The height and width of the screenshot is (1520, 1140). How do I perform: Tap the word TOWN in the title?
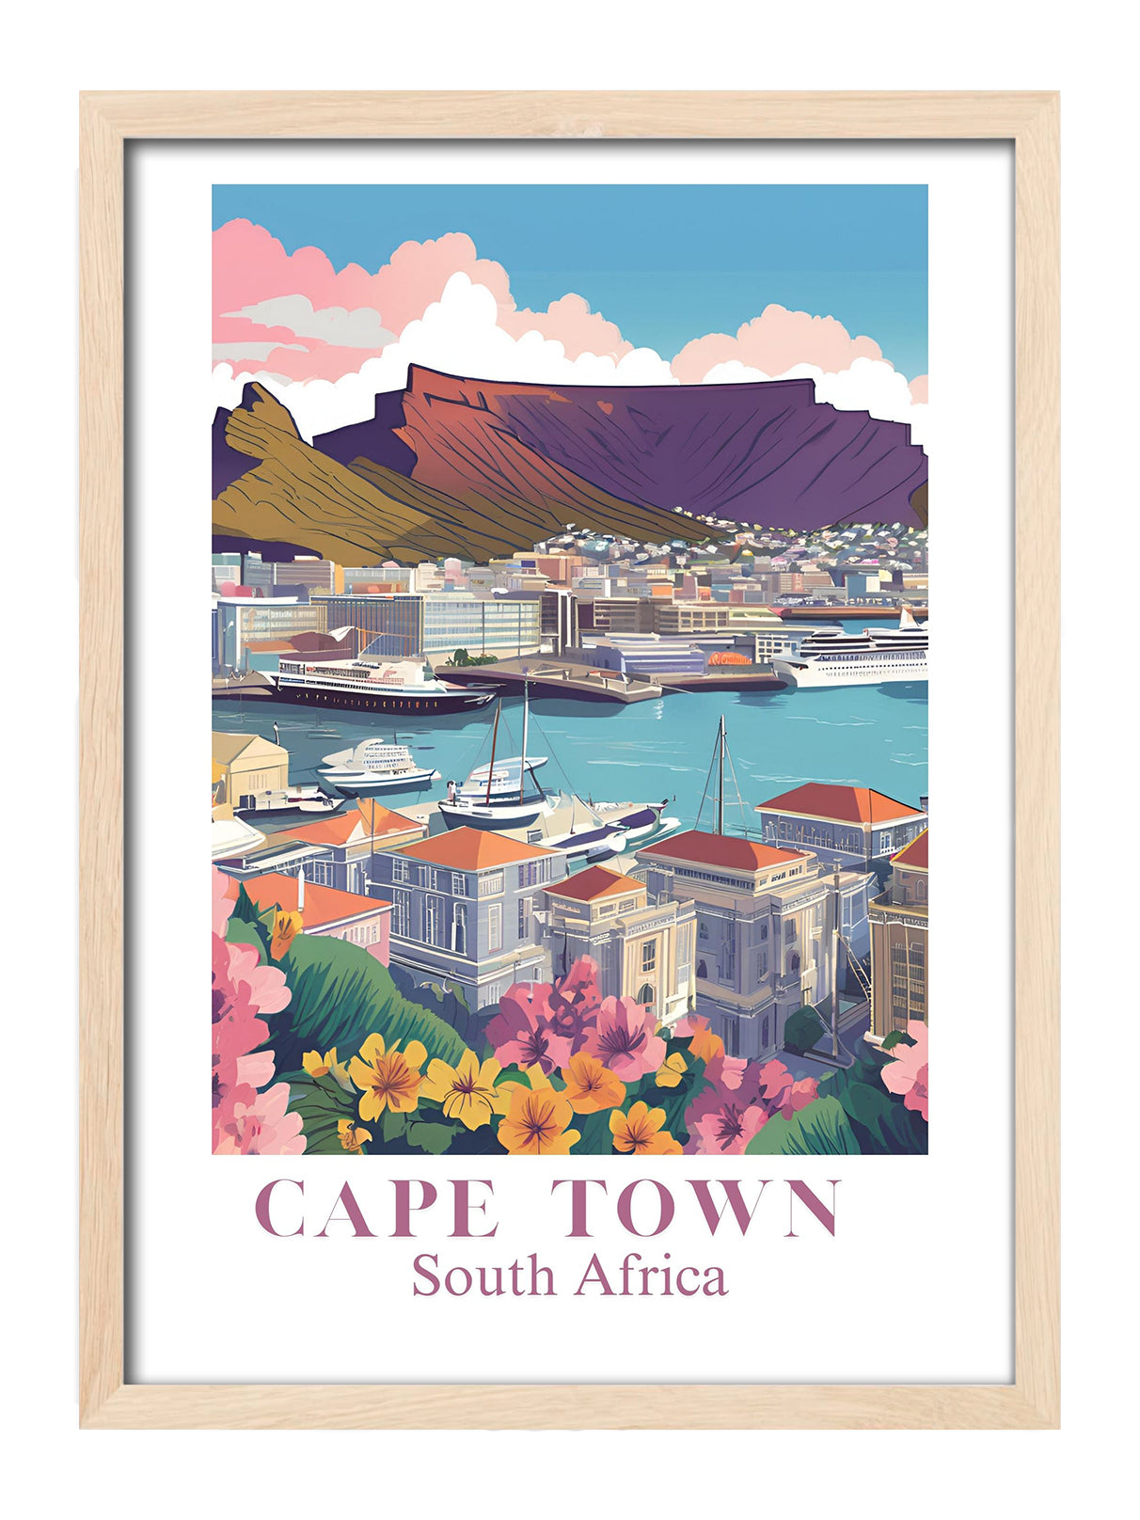(x=694, y=1208)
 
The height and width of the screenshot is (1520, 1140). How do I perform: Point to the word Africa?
(x=651, y=1275)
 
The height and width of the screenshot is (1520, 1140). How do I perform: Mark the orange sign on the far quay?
(x=730, y=658)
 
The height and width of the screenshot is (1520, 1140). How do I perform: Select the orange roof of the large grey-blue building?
(x=470, y=848)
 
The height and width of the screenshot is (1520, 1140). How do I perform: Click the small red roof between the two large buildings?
(x=593, y=884)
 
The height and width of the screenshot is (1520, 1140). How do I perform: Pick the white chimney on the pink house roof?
(x=300, y=888)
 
